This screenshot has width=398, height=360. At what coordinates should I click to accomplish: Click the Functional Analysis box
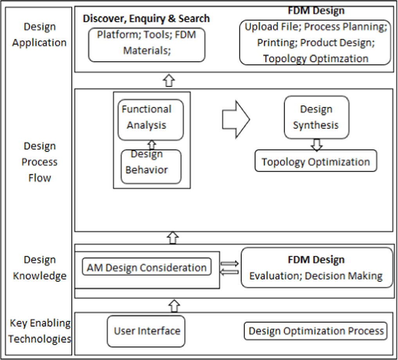(x=151, y=119)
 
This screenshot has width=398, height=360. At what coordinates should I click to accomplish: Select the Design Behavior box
(x=151, y=166)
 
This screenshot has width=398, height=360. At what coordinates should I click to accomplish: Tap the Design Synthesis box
(x=316, y=117)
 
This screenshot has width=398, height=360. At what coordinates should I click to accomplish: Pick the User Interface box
(x=146, y=331)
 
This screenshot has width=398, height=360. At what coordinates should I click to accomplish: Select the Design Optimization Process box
(x=316, y=331)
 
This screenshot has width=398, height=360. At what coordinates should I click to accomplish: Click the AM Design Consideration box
(x=147, y=267)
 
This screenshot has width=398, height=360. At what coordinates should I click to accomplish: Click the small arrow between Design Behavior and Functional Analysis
(x=152, y=145)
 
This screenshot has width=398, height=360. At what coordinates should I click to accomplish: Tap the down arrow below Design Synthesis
(x=316, y=144)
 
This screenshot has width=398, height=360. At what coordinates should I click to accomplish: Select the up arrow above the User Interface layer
(x=173, y=305)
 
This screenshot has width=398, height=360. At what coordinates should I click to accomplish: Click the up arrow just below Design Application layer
(x=169, y=80)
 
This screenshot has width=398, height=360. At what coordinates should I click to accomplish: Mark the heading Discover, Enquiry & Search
(x=146, y=18)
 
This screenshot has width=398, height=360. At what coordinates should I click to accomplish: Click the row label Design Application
(x=39, y=34)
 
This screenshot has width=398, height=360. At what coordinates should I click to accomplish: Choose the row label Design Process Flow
(x=39, y=162)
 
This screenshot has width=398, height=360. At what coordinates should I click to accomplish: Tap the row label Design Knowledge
(x=39, y=268)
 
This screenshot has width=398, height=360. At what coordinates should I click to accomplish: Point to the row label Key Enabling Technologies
(x=40, y=331)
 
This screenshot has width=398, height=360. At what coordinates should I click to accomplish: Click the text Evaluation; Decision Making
(x=316, y=276)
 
